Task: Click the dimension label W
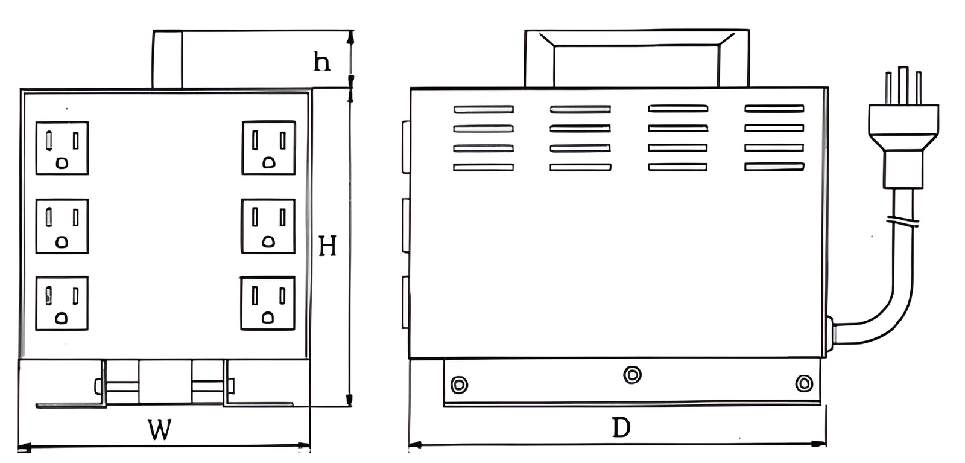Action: point(160,429)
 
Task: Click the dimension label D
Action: point(621,427)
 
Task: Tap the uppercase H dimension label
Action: point(327,246)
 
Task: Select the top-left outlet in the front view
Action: point(62,148)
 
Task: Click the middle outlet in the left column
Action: point(62,226)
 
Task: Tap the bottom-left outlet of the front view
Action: point(62,304)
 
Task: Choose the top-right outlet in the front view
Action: point(269,147)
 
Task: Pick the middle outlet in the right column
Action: point(268,226)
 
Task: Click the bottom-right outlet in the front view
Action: point(268,304)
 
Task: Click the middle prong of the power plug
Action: point(903,85)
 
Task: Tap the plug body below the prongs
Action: point(903,147)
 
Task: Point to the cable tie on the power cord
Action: point(902,221)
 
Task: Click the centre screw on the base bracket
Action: point(633,375)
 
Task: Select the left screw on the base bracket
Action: point(459,385)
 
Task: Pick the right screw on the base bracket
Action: point(804,383)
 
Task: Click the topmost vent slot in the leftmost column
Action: point(483,109)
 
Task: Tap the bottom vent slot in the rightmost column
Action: point(774,167)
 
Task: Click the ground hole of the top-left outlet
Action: point(62,163)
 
